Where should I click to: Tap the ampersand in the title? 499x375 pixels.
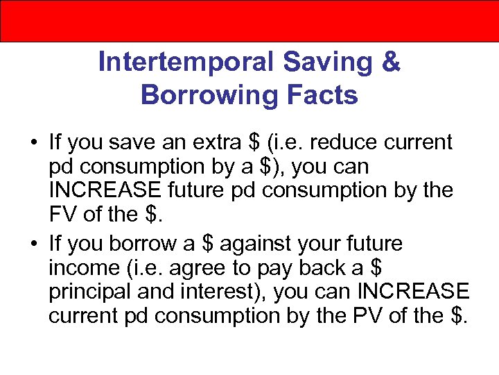391,62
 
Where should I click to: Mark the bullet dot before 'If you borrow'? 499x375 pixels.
33,244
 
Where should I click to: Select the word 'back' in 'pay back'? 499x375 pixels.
333,268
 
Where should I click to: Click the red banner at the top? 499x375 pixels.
249,21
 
